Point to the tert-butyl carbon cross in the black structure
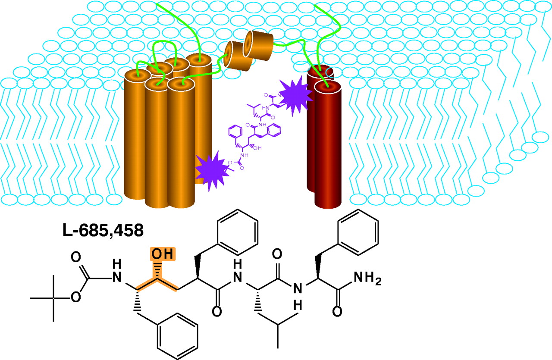click(53, 298)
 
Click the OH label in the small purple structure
click(258, 147)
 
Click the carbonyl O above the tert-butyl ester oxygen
click(76, 257)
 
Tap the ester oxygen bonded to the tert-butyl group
click(76, 298)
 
